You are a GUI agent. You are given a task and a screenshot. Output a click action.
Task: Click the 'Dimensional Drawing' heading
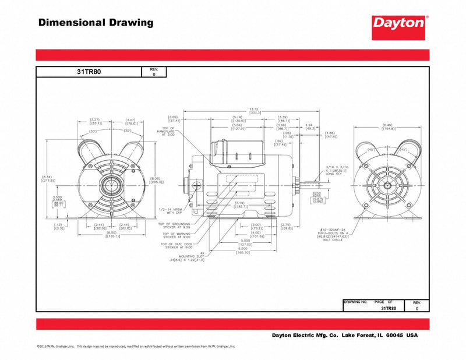pyautogui.click(x=96, y=23)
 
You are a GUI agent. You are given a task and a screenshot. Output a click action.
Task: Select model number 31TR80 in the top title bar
pyautogui.click(x=88, y=72)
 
